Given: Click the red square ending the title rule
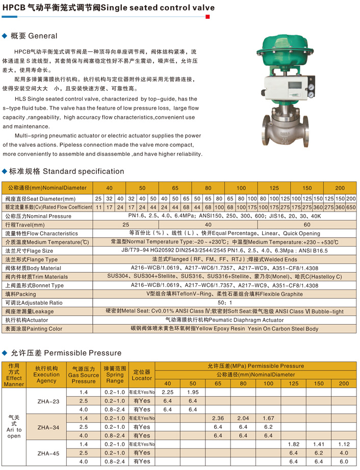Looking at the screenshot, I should (x=208, y=17).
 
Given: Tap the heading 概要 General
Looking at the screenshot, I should (x=34, y=36).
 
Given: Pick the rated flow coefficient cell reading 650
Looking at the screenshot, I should (x=351, y=207).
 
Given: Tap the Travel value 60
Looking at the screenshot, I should (x=306, y=225).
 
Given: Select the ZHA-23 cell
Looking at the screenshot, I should (x=48, y=401).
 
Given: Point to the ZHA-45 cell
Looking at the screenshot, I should (x=48, y=453).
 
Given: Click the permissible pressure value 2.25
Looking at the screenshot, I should (x=167, y=392).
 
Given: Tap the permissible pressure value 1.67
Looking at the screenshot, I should (x=268, y=418).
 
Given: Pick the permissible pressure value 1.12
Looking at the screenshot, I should (x=344, y=444).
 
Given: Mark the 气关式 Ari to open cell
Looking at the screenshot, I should (x=14, y=427).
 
